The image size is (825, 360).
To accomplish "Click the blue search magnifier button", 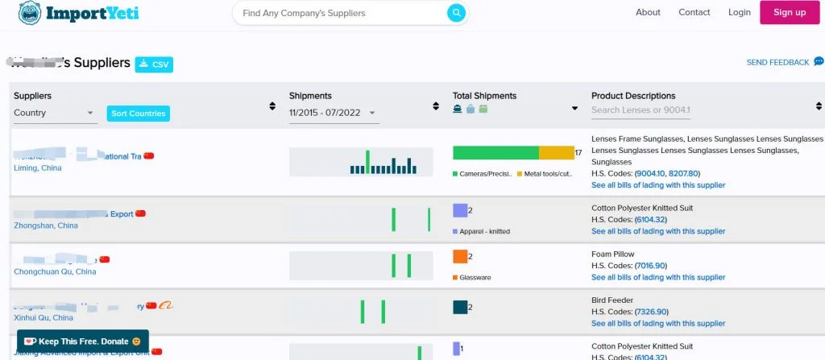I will [456, 13].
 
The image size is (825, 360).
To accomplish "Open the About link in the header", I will [648, 12].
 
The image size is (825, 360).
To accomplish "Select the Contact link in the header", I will [694, 12].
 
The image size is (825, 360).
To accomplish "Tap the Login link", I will [739, 12].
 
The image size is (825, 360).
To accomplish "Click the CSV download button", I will [154, 64].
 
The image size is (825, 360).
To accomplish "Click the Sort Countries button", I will [138, 114].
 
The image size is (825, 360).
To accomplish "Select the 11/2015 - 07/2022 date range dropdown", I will [334, 114].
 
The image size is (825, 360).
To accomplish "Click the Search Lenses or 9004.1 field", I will [641, 110].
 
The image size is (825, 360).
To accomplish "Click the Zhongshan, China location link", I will [46, 226].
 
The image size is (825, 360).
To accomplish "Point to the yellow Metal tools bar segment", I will [556, 153].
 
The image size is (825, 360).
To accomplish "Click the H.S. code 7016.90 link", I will [651, 266].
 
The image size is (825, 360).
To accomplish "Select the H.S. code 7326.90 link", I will [651, 312].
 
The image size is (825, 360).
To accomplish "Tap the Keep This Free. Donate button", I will [82, 341].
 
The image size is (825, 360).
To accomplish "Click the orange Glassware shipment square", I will [460, 257].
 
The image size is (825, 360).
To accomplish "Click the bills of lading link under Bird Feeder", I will [658, 324].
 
